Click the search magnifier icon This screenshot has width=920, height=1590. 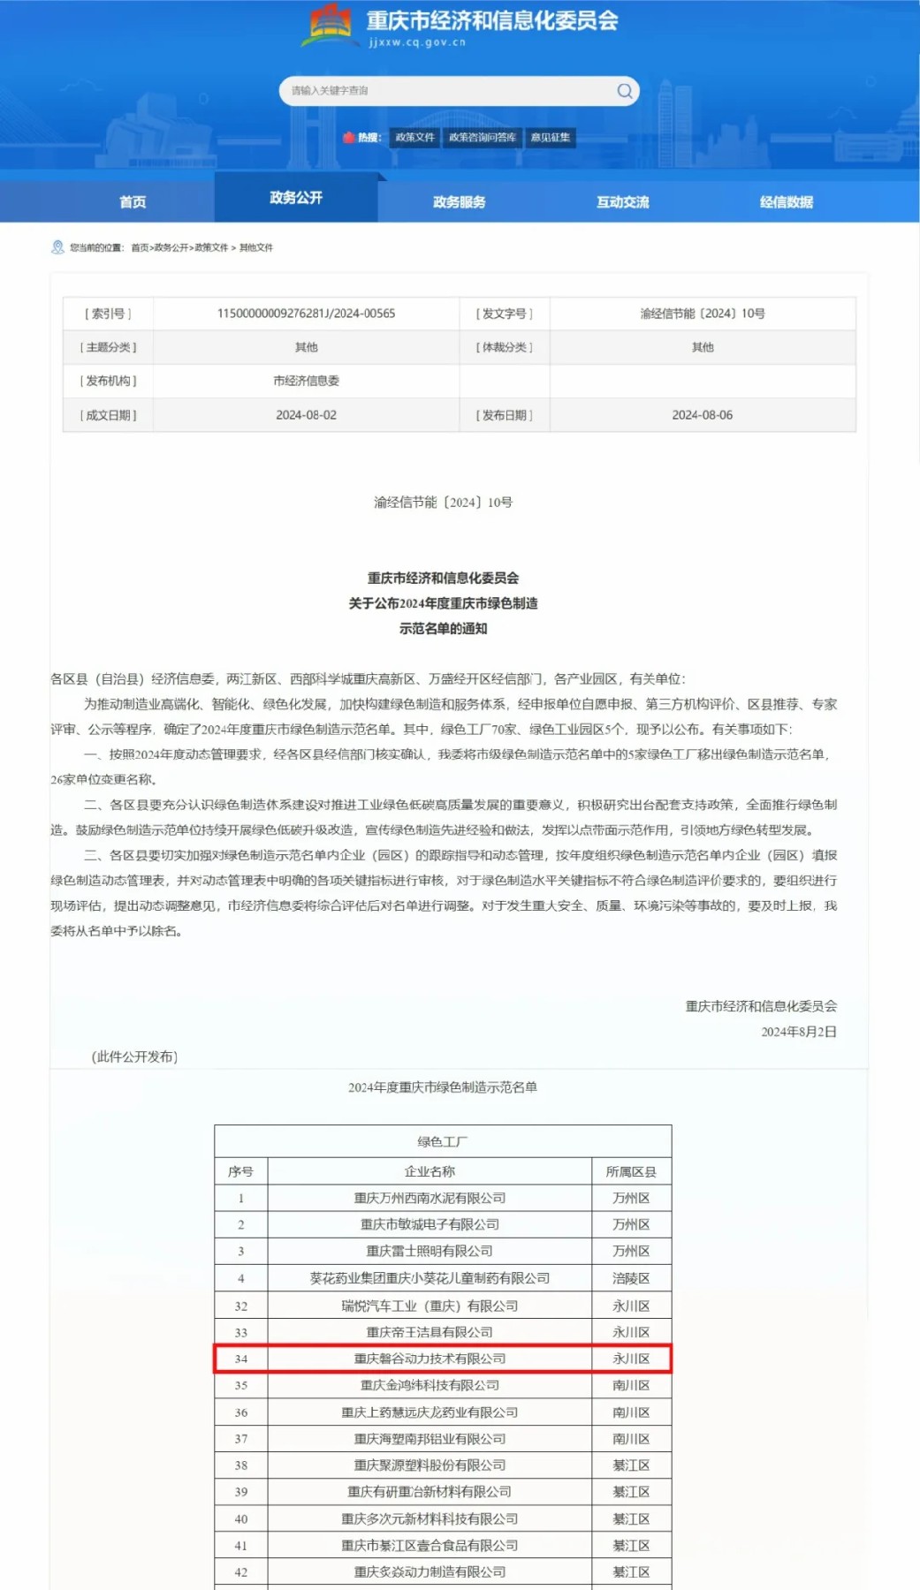[x=625, y=91]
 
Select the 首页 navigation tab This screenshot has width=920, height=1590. [x=133, y=202]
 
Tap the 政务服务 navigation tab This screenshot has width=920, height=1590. [x=459, y=202]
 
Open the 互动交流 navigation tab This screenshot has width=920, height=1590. [x=622, y=202]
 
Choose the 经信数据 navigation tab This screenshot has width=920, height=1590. [x=786, y=202]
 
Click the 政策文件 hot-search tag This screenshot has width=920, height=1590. [x=414, y=138]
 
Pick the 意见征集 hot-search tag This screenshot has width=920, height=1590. [x=550, y=138]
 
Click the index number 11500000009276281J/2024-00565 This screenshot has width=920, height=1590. [x=306, y=314]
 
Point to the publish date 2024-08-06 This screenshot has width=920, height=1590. [x=702, y=415]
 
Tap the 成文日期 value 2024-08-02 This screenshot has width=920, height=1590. [x=306, y=415]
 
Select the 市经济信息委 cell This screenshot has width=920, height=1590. [x=306, y=381]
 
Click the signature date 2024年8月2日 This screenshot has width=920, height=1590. [x=799, y=1032]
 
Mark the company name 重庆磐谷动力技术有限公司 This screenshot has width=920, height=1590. [x=430, y=1359]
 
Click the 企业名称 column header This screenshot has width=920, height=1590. [x=430, y=1171]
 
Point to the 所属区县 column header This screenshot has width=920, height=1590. [x=631, y=1171]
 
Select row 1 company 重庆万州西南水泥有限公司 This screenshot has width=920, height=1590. [x=430, y=1198]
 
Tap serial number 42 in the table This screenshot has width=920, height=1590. [x=240, y=1572]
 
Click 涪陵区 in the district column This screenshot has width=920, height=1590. [x=631, y=1278]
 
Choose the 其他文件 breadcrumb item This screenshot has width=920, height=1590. [x=256, y=248]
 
